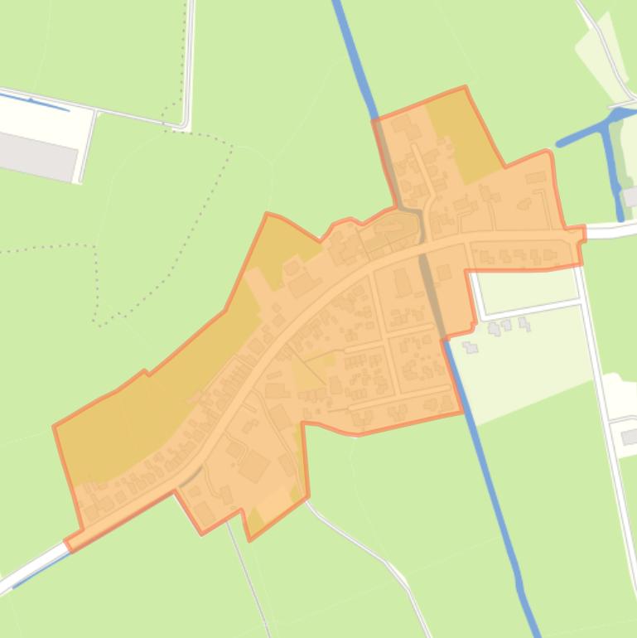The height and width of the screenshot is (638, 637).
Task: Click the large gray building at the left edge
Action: pyautogui.click(x=37, y=156)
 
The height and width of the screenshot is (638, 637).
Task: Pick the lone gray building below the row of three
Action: pyautogui.click(x=471, y=347)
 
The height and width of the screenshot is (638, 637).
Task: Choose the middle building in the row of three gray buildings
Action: pyautogui.click(x=507, y=326)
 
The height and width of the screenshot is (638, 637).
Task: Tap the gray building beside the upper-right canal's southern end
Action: pyautogui.click(x=630, y=197)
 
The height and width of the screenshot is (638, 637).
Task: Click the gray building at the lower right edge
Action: pyautogui.click(x=630, y=436)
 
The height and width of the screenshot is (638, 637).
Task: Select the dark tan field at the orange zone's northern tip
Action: pyautogui.click(x=460, y=133)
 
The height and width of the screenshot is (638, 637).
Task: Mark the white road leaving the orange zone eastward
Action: pyautogui.click(x=609, y=230)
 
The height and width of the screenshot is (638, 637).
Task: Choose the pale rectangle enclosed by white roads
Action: pyautogui.click(x=527, y=286)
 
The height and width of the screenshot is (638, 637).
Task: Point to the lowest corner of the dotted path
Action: pyautogui.click(x=97, y=321)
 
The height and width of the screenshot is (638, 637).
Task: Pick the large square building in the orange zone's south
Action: pyautogui.click(x=253, y=466)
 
